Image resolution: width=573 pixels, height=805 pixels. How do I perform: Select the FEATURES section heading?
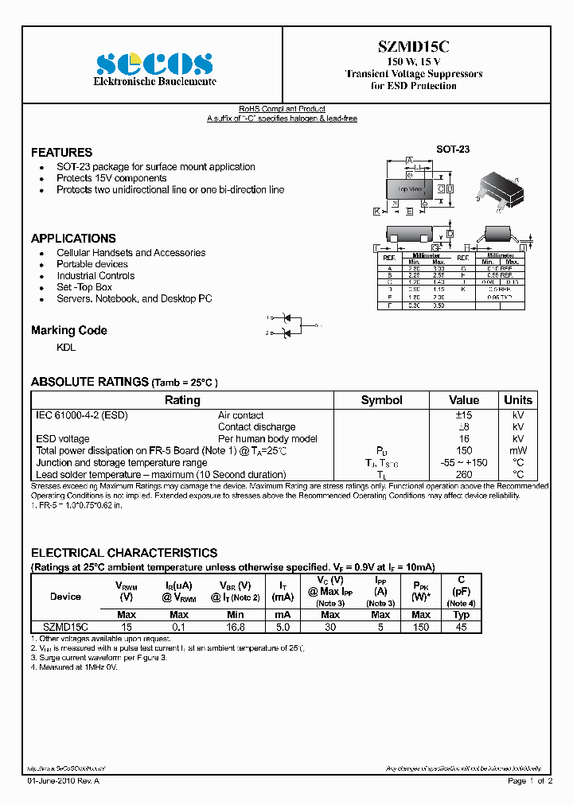coord(61,152)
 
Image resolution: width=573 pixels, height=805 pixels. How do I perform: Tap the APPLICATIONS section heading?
coord(73,239)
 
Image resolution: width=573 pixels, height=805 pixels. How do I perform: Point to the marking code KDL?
coord(66,348)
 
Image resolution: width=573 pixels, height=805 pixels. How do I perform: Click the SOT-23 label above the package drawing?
coord(452,149)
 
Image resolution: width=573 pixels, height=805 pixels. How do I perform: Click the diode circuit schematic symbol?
coord(291,325)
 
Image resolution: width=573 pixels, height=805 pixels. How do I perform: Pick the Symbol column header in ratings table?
coord(381,400)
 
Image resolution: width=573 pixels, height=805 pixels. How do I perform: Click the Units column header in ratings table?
coord(518,400)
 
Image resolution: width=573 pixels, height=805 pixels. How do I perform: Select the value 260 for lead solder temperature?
coord(464,474)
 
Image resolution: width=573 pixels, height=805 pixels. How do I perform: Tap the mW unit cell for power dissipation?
coord(518,450)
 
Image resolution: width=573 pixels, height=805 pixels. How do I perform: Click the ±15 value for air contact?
coord(464,415)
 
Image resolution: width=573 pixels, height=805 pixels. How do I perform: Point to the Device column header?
coord(65,597)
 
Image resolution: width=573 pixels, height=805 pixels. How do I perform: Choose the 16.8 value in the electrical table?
coord(235,627)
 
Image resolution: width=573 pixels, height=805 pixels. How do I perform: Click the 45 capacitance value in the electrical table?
coord(461,627)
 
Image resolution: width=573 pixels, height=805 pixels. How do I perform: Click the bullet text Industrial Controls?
coord(95,276)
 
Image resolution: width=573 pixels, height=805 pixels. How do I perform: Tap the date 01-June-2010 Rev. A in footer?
coord(64,782)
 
